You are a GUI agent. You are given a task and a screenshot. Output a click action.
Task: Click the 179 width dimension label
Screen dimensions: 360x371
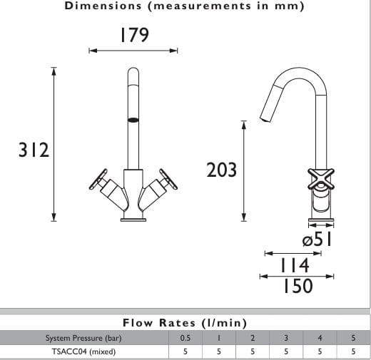pos(134,35)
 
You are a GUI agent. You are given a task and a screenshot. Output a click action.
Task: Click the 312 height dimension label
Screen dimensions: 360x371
pos(34,151)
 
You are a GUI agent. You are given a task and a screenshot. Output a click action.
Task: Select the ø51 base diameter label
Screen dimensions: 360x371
pos(317,240)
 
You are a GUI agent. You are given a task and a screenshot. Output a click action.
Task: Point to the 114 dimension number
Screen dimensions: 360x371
pos(295,264)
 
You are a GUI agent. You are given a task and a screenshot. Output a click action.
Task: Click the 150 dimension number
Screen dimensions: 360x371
pos(297,285)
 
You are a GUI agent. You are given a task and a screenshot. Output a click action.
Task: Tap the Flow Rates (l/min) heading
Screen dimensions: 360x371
pos(185,323)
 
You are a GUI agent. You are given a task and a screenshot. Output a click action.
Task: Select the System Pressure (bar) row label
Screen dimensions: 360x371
pos(83,337)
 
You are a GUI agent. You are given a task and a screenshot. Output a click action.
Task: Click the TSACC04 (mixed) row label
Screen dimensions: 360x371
pos(83,351)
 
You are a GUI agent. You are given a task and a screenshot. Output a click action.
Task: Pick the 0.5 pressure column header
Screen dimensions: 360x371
pos(185,337)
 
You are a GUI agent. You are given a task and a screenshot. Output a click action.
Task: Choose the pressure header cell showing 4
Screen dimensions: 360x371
pos(320,337)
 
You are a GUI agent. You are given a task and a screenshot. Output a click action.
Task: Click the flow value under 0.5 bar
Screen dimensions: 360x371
pos(185,351)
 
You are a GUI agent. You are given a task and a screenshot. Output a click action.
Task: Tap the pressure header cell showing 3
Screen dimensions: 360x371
pos(286,337)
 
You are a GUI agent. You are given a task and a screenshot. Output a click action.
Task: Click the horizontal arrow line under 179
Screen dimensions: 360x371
pos(133,51)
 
